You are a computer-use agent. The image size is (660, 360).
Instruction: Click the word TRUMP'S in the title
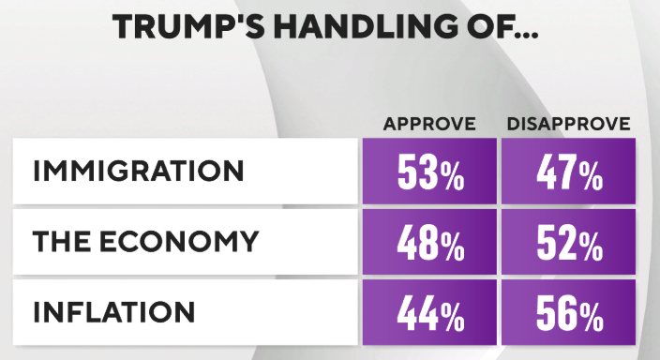coord(188,26)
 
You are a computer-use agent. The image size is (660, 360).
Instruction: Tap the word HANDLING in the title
coord(366,26)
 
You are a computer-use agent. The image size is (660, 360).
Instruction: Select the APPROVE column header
coord(429,124)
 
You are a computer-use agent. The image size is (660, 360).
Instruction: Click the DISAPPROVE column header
coord(569,124)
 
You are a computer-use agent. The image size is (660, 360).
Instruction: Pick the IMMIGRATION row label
coord(139,171)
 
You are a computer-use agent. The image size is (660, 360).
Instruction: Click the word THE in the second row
coord(62,241)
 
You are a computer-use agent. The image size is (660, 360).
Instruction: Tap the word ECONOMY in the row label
coord(178,241)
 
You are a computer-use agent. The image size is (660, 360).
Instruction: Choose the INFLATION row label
coord(114,311)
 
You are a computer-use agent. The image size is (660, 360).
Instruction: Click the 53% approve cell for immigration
coord(429,171)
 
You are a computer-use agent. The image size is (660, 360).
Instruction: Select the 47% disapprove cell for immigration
coord(569,171)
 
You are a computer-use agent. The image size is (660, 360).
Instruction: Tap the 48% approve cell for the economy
coord(429,242)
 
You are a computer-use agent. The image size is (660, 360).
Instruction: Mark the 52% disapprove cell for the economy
coord(569,242)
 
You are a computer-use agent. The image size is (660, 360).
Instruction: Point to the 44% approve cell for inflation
coord(429,312)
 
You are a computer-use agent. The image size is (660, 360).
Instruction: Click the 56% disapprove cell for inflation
coord(569,312)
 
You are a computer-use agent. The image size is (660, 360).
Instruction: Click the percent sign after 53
coord(453,175)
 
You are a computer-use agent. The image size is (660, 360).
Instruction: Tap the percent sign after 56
coord(592,317)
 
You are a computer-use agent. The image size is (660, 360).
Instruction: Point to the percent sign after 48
coord(453,247)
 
